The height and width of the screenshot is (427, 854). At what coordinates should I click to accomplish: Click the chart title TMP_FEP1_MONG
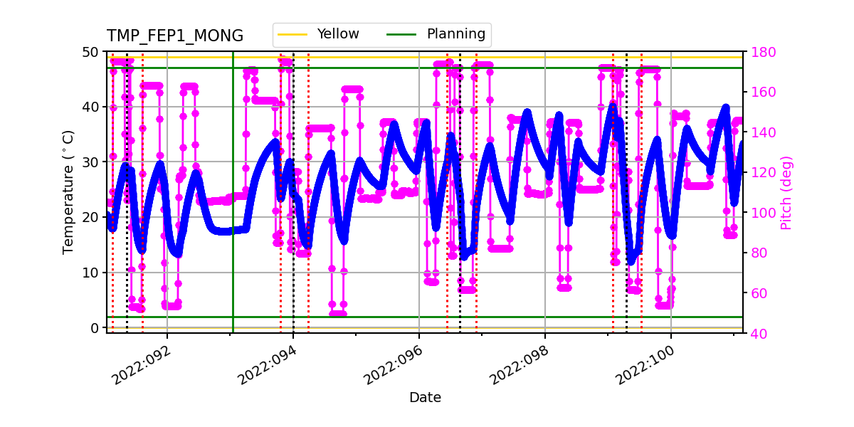[174, 36]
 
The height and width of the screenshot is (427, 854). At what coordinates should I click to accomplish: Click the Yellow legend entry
[337, 34]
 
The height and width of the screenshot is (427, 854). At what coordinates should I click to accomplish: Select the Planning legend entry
[455, 34]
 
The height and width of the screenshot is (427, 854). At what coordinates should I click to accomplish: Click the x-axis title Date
[425, 398]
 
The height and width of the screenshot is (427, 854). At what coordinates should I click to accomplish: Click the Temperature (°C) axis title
[68, 192]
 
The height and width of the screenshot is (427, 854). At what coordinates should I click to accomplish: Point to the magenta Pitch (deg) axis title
[786, 192]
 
